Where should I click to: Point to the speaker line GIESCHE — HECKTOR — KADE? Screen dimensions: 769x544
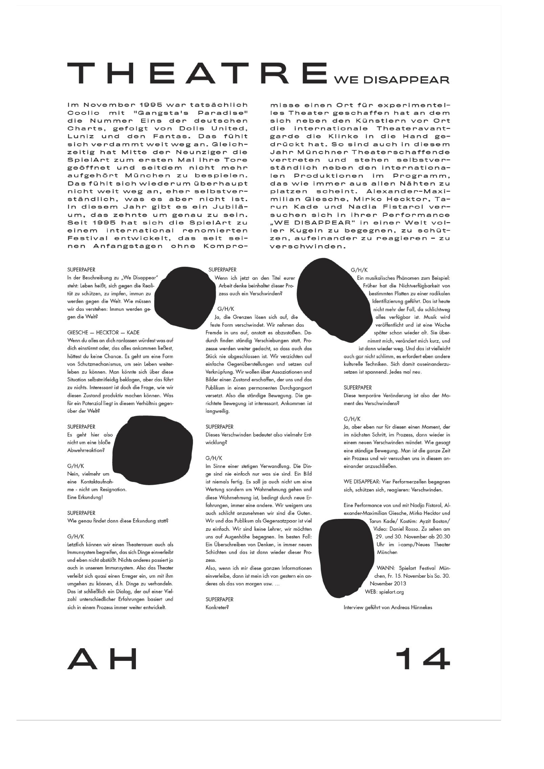click(103, 333)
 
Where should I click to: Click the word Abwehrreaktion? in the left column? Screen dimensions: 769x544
click(86, 450)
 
